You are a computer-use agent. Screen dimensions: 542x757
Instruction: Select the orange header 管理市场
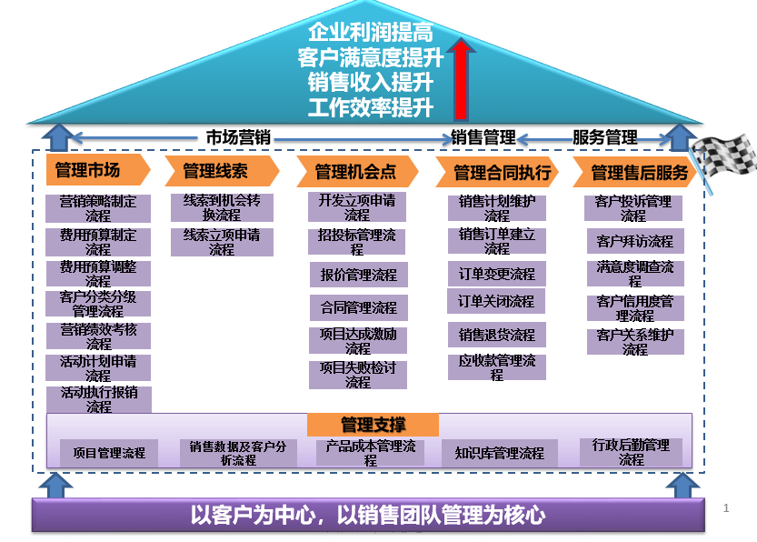tap(89, 170)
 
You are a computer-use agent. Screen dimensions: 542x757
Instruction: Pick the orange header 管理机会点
tap(355, 171)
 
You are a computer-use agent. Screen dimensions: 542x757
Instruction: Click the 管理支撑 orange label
tap(373, 425)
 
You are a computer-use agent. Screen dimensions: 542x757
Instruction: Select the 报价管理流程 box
tap(358, 274)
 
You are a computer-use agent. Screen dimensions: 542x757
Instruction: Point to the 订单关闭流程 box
tap(496, 301)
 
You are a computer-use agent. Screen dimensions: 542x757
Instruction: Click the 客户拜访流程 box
tap(635, 241)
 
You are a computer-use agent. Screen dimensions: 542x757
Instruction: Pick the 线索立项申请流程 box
tap(222, 242)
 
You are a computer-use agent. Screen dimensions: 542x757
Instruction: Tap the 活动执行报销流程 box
tap(99, 400)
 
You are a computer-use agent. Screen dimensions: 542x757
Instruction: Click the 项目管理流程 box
tap(109, 452)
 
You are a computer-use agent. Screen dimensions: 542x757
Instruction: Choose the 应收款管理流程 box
tap(497, 367)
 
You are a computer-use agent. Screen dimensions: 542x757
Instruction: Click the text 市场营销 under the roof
tap(238, 138)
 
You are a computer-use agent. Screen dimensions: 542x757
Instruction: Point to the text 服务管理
tap(604, 138)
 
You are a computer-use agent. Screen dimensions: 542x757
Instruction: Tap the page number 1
tap(726, 507)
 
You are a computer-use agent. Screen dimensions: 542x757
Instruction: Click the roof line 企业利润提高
tap(370, 34)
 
